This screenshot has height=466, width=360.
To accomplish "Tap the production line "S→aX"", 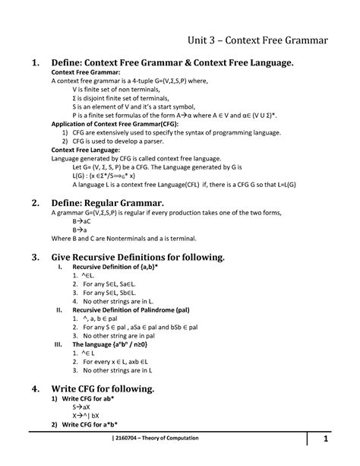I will (81, 407).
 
